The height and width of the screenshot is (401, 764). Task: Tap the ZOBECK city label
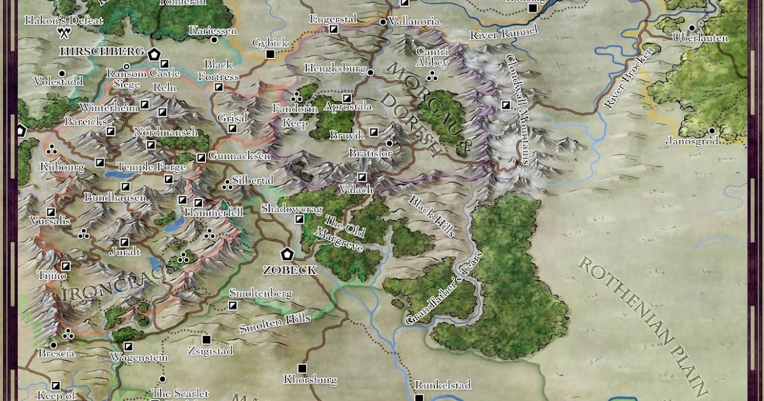tap(290, 270)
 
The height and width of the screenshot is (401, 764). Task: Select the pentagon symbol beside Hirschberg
tap(153, 54)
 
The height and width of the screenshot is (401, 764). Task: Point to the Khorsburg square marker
tap(302, 369)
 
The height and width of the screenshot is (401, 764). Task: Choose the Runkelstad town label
tap(442, 385)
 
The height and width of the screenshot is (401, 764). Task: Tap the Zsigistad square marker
tap(206, 339)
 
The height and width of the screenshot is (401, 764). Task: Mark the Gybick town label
tap(270, 43)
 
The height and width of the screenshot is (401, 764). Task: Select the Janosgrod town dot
tap(712, 130)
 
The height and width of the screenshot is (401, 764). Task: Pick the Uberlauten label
tap(700, 38)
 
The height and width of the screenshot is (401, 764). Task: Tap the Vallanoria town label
tap(414, 22)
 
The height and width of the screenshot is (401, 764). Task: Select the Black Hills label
tap(432, 216)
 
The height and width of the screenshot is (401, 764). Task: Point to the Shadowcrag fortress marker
tap(299, 220)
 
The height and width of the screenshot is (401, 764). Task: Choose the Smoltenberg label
tap(260, 293)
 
